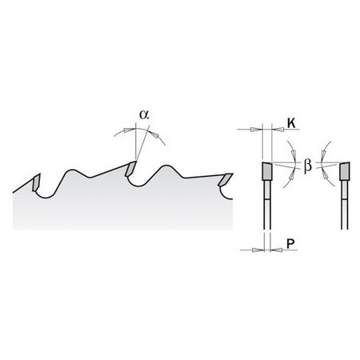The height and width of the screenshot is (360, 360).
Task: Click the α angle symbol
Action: point(144,114)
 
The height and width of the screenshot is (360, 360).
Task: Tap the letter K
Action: point(291,123)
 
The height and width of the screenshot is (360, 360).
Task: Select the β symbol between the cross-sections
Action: point(308,166)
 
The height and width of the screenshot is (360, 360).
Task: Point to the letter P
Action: point(290,243)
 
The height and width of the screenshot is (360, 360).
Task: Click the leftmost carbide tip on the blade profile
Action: point(36,182)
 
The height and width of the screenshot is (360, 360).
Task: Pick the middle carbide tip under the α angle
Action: point(130,169)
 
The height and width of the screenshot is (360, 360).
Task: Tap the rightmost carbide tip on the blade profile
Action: point(226,179)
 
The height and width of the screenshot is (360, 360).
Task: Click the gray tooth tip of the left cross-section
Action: point(266,171)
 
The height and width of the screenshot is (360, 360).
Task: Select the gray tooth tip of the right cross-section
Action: point(345,171)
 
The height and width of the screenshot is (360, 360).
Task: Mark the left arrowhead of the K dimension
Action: point(256,130)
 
